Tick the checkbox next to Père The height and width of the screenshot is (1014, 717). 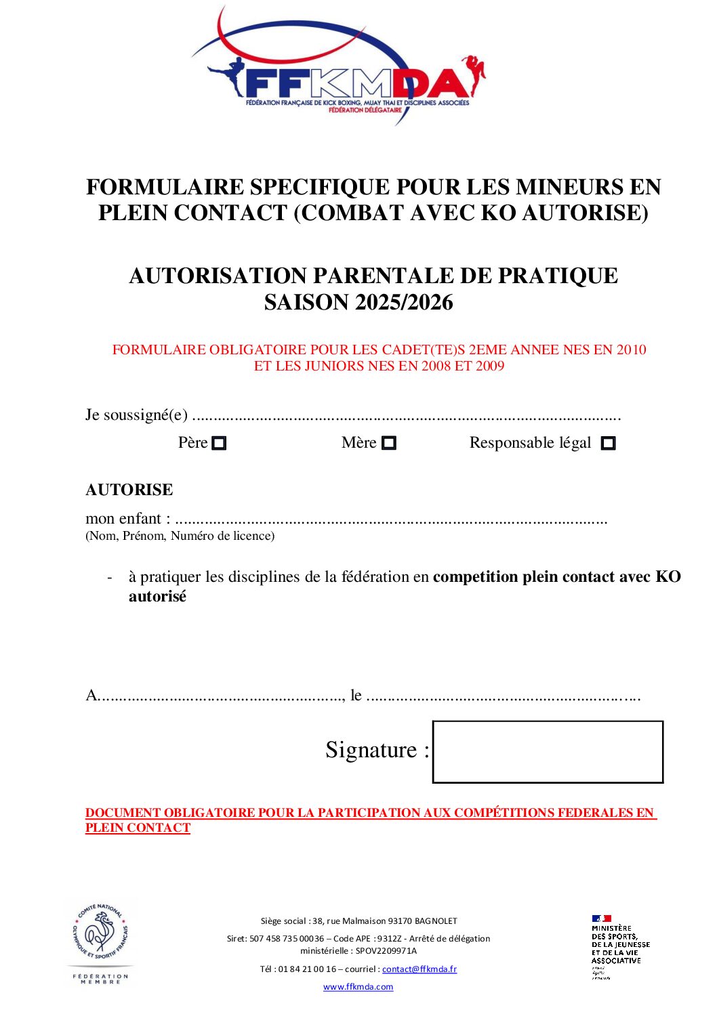click(219, 444)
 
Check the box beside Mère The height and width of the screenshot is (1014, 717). click(388, 444)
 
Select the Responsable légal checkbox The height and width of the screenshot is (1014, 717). click(609, 444)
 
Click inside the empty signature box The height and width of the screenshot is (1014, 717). click(548, 752)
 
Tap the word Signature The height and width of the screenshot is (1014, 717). click(371, 750)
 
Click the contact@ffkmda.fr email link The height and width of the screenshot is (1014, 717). click(419, 969)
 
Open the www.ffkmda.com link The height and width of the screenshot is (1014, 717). click(358, 987)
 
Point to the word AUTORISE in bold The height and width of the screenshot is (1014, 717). click(129, 490)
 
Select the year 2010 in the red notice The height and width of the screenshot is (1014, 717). click(631, 350)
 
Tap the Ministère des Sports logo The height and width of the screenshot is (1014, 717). click(619, 946)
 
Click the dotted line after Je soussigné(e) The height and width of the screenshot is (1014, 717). click(407, 416)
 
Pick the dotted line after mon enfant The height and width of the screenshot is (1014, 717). click(391, 520)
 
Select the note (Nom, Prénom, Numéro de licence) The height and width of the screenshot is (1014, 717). click(180, 536)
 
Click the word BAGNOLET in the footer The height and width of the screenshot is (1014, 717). click(436, 921)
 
